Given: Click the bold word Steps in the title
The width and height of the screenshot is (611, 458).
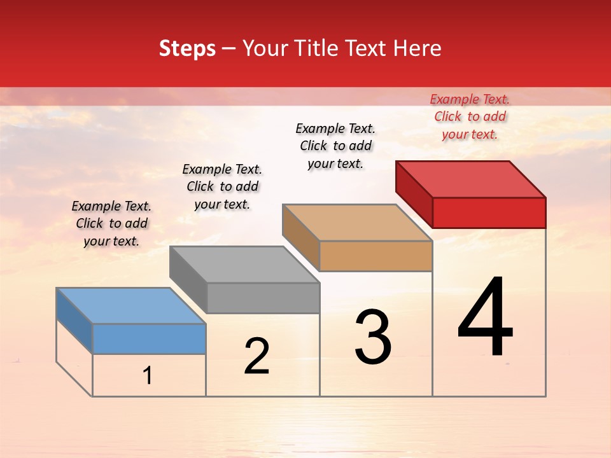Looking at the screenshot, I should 187,48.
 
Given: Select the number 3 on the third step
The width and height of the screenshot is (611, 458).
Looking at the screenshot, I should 373,337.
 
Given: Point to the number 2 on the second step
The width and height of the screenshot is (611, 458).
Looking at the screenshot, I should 256,356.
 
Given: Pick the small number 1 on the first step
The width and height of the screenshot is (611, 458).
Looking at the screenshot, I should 148,376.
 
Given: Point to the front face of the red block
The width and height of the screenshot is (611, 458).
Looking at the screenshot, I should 489,212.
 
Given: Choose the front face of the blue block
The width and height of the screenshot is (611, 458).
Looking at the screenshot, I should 149,338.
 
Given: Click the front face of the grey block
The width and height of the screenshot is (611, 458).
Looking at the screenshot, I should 263,298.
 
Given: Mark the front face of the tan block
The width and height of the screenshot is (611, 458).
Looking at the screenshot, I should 376,256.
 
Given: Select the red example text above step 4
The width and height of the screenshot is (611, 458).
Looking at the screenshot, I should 470,116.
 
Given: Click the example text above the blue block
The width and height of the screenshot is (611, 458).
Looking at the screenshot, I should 111,223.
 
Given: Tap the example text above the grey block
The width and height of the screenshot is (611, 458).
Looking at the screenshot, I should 222,186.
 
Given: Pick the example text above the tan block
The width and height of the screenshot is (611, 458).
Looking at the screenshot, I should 335,146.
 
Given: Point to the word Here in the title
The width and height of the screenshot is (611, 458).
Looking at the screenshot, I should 419,48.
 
